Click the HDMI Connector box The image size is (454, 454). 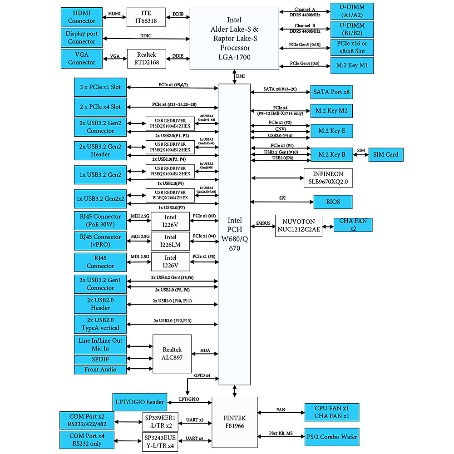[x=81, y=17]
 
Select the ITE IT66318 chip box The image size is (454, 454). [x=146, y=17]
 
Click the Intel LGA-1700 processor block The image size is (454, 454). [x=234, y=39]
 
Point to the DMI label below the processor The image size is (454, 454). [x=240, y=76]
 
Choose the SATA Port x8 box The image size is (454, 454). [x=331, y=92]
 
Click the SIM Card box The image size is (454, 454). [x=385, y=154]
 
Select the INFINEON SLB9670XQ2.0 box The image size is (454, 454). [x=328, y=178]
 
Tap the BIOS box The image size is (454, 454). [x=333, y=202]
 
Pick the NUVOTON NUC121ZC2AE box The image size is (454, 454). [x=298, y=226]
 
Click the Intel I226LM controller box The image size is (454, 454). [x=170, y=241]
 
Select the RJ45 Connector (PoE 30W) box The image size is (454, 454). [x=100, y=220]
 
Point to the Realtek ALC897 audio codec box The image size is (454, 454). [x=172, y=354]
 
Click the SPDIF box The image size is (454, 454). [x=100, y=360]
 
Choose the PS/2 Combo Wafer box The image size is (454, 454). [x=332, y=437]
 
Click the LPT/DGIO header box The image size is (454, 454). [x=139, y=402]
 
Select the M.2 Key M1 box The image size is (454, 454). [x=352, y=66]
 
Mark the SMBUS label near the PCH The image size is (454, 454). [x=263, y=223]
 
